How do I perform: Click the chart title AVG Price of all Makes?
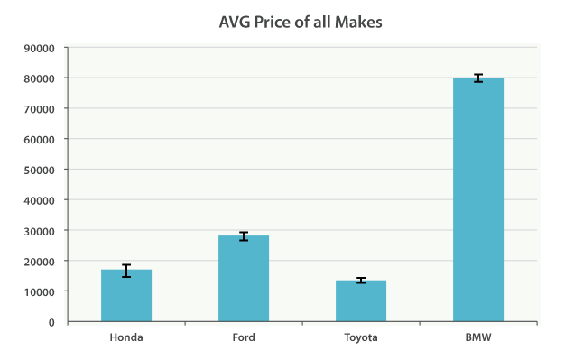click(301, 21)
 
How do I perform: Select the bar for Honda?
click(126, 296)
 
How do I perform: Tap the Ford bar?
click(244, 279)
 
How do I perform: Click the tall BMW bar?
click(478, 199)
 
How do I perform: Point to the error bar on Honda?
click(126, 271)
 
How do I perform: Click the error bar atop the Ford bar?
click(244, 236)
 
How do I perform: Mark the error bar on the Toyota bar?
click(361, 281)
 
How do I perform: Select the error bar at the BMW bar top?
click(478, 78)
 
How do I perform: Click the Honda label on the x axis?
click(126, 337)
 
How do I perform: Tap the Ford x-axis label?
click(244, 337)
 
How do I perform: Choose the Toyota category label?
click(361, 337)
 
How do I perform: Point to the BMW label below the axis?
click(478, 337)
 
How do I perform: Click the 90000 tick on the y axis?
click(40, 48)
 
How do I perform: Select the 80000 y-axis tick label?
click(40, 78)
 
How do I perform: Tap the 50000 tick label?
click(40, 170)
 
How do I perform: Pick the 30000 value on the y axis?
click(40, 231)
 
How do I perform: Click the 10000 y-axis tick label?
click(40, 291)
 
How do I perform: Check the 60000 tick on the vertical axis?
click(40, 139)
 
